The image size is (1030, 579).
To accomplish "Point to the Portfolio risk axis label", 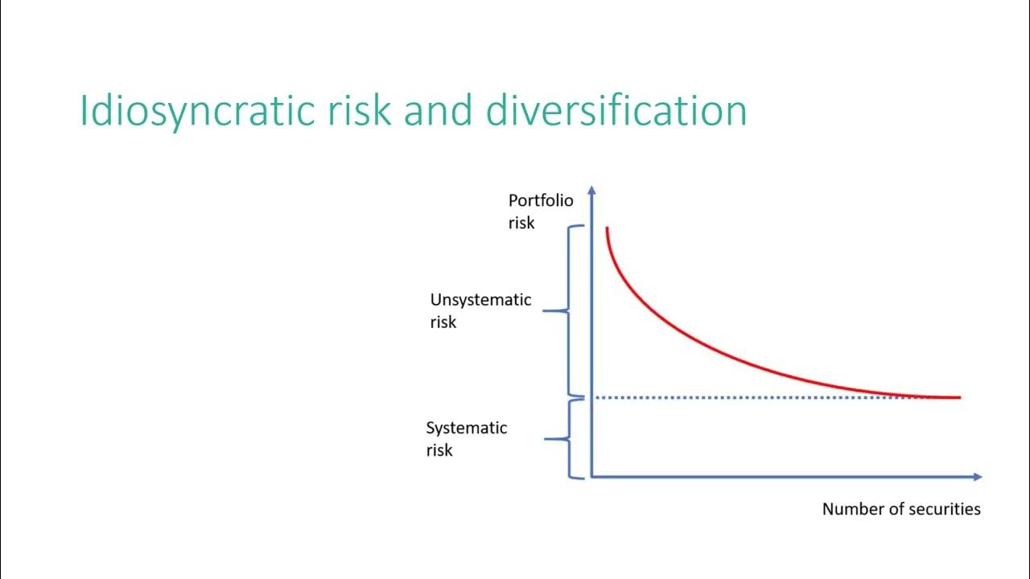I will point(540,211).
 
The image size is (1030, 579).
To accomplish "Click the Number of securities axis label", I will point(901,509).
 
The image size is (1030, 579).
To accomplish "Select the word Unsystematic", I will point(480,300).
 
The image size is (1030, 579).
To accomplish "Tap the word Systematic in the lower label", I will point(467,428).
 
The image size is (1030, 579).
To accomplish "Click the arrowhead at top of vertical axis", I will point(591,191).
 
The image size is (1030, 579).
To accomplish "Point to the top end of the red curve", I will point(607,229).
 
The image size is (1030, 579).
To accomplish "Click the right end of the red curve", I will point(958,397).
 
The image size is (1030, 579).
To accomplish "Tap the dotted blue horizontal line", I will point(764,397).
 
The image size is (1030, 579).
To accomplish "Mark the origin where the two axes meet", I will point(592,477).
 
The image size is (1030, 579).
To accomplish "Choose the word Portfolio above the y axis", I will point(540,200).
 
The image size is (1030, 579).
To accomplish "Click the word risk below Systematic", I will point(439,450).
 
